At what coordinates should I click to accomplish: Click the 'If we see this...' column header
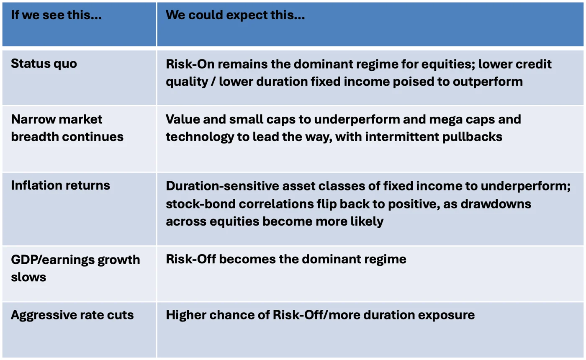(56, 15)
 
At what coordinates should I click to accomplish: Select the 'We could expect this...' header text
(235, 15)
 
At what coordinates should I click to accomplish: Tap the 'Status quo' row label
(44, 64)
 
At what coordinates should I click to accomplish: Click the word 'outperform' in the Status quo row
(488, 82)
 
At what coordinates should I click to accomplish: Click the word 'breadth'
(35, 137)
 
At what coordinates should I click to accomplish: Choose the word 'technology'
(200, 137)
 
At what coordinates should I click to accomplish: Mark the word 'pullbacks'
(472, 137)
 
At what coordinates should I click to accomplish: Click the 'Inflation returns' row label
(60, 185)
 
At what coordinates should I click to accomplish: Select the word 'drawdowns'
(496, 204)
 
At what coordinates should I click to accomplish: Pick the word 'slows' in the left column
(28, 277)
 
